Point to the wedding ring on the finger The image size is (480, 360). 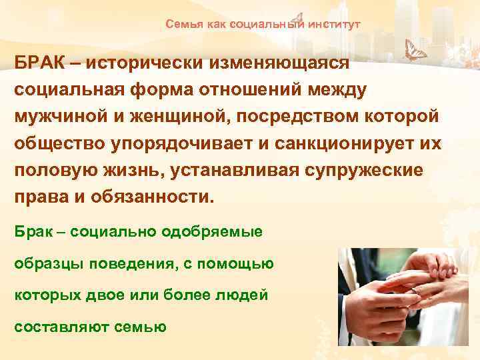pyautogui.click(x=419, y=291)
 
